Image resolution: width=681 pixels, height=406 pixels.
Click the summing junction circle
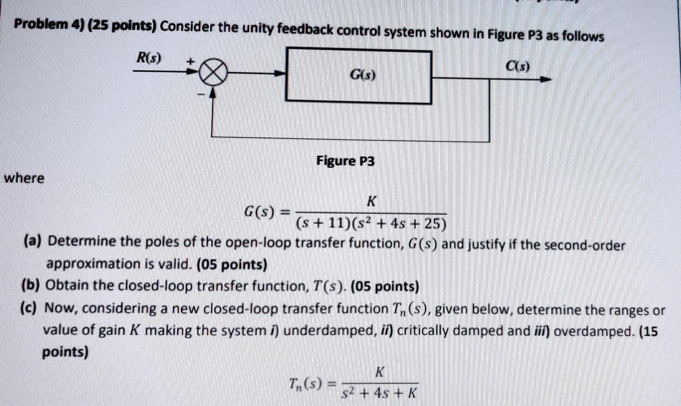click(x=213, y=73)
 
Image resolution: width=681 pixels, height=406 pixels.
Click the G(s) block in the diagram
click(x=359, y=76)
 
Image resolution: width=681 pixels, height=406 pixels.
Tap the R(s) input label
click(x=149, y=58)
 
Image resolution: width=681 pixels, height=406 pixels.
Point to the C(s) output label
click(x=518, y=67)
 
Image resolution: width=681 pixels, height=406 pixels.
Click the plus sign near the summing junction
click(x=191, y=60)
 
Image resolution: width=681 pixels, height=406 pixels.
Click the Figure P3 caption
click(x=345, y=161)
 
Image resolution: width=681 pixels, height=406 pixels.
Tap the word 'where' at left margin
click(x=24, y=178)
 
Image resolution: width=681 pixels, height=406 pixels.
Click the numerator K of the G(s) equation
click(x=371, y=202)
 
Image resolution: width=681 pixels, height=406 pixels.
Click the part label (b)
click(x=31, y=286)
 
